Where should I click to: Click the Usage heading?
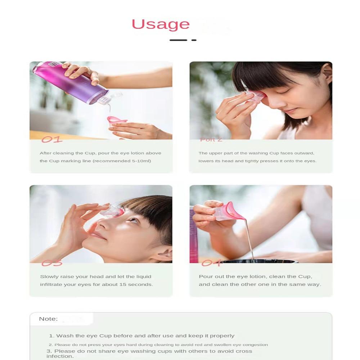[x=161, y=24]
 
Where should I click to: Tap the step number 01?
[x=52, y=139]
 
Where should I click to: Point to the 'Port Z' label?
[x=211, y=140]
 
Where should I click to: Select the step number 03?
[x=52, y=263]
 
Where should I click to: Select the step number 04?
[x=211, y=263]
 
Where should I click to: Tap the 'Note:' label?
[x=48, y=319]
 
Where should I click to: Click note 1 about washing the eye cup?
[x=142, y=336]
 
